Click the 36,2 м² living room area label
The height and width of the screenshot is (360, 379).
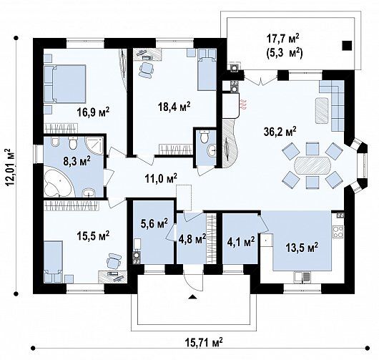(280, 132)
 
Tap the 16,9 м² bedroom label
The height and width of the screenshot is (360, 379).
(93, 112)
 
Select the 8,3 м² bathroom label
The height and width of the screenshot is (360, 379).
(77, 161)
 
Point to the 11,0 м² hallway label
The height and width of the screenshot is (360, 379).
(161, 178)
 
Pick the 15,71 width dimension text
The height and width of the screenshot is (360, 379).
(204, 342)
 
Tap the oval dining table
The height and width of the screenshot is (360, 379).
(312, 165)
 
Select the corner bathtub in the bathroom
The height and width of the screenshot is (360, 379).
(58, 183)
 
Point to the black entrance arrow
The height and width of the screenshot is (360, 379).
(192, 297)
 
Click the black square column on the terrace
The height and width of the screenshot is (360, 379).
(347, 46)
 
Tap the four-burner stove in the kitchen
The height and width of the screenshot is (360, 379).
(338, 232)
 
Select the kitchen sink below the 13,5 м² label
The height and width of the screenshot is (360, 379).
(302, 277)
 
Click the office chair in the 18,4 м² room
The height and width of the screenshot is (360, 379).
(146, 70)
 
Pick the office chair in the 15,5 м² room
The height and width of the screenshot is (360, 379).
(114, 261)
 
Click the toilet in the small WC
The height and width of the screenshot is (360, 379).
(205, 137)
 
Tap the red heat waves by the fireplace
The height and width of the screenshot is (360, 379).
(244, 104)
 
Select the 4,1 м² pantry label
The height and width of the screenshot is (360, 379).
(240, 241)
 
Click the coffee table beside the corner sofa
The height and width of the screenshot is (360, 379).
(322, 110)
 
